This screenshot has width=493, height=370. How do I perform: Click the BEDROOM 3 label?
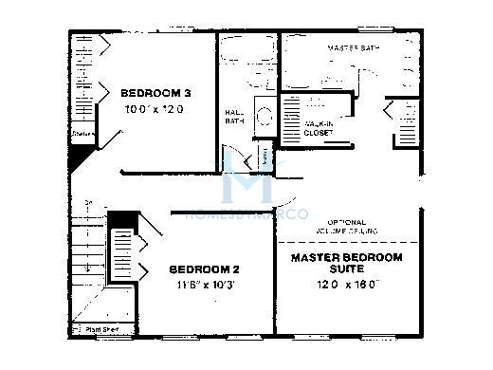coord(156,93)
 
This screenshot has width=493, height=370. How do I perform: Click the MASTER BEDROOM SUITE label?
coord(346,263)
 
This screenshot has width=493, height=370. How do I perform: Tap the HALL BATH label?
coord(233,116)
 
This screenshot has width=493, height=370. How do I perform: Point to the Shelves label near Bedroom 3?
coord(82,135)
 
